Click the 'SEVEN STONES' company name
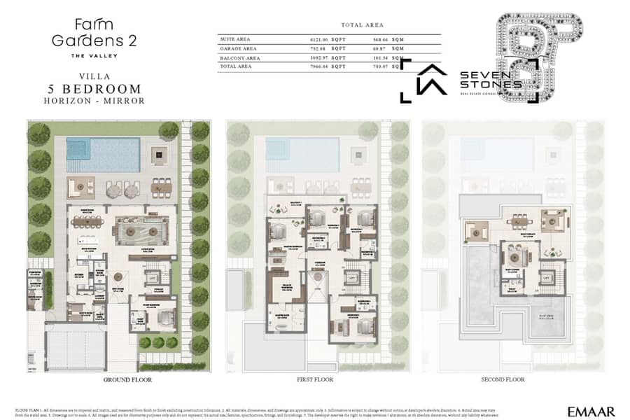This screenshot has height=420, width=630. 490,79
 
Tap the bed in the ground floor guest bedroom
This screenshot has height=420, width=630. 162,319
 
